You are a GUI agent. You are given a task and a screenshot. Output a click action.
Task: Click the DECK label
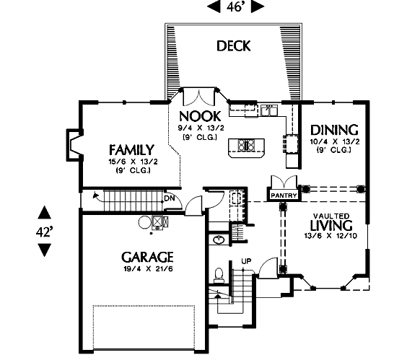(x=233, y=46)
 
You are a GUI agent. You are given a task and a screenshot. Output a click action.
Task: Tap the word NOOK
(x=200, y=116)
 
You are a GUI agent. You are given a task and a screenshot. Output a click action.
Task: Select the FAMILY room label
(x=131, y=150)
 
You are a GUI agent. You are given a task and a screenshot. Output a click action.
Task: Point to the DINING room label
(x=334, y=130)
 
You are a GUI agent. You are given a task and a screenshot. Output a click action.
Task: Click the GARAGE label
(x=147, y=258)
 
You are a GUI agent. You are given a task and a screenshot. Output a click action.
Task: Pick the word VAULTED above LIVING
(x=331, y=216)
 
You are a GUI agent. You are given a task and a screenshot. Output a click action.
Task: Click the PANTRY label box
(x=284, y=196)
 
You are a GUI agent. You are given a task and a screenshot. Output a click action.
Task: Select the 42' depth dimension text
(x=43, y=232)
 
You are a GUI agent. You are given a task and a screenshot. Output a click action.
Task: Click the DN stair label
(x=170, y=198)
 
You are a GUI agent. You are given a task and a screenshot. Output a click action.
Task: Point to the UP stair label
(x=246, y=261)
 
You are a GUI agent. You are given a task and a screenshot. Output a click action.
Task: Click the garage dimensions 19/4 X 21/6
(x=148, y=268)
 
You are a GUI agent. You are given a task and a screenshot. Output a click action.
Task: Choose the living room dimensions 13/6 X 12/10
(x=331, y=236)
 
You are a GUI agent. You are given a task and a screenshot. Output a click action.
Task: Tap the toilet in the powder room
(x=219, y=275)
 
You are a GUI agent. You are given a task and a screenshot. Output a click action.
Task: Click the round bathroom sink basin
(x=219, y=240)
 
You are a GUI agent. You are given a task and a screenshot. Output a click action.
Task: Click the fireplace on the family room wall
(x=74, y=144)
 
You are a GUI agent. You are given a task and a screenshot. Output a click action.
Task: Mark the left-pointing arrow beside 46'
(x=214, y=6)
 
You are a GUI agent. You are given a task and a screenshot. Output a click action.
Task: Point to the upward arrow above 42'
(x=45, y=212)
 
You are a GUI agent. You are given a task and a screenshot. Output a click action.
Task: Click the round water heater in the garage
(x=144, y=222)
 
